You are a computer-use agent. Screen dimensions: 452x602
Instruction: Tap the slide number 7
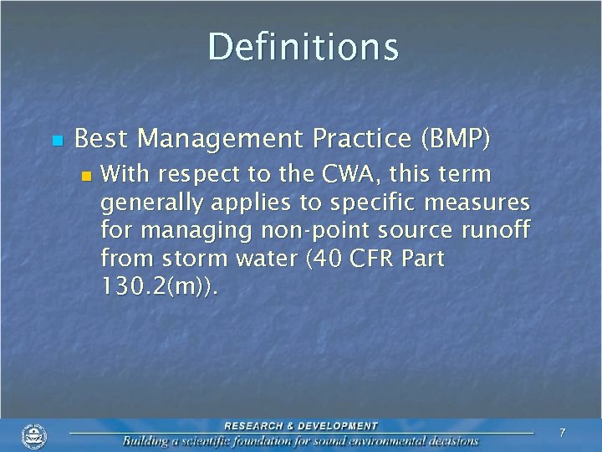click(x=562, y=433)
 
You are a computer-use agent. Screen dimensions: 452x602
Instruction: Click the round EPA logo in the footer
click(x=34, y=435)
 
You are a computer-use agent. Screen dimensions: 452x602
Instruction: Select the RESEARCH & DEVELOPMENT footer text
click(x=301, y=425)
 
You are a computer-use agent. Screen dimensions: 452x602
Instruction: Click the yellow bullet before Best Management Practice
click(x=56, y=140)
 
